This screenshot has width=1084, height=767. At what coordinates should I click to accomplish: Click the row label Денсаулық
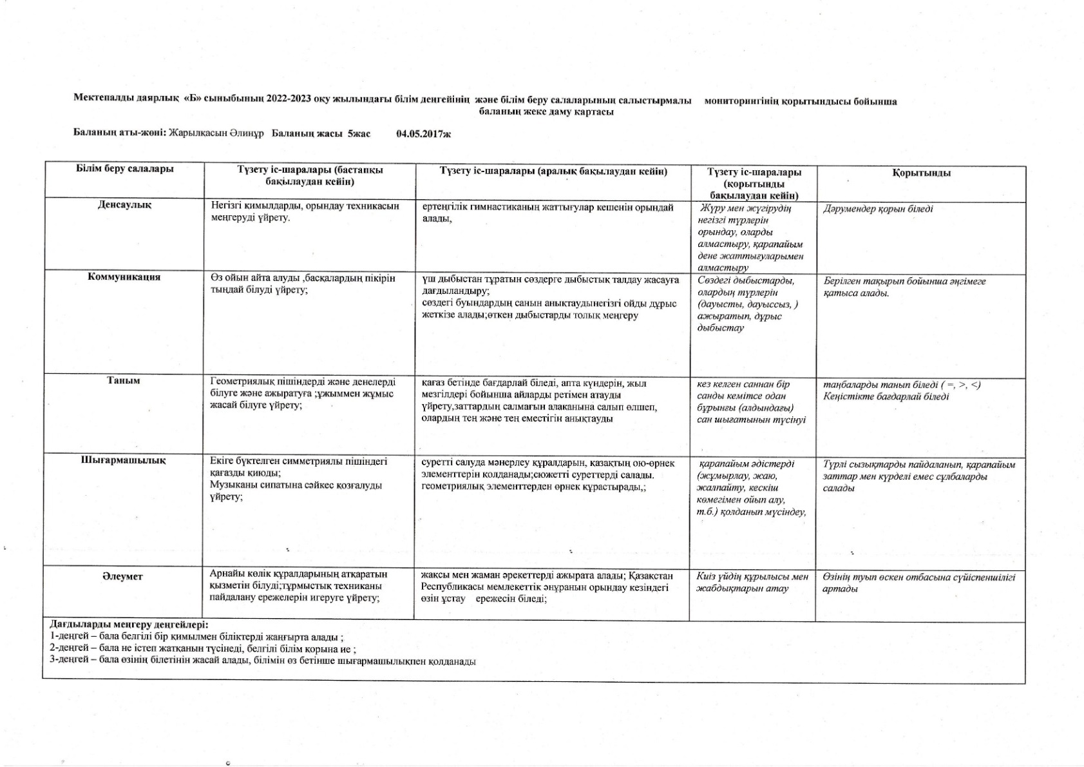click(124, 205)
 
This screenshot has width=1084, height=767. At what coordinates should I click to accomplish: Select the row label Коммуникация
click(124, 277)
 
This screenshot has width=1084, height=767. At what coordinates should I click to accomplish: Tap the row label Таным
click(124, 381)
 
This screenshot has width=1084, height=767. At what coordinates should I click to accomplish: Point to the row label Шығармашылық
click(124, 460)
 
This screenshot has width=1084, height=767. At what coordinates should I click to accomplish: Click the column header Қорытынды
click(921, 173)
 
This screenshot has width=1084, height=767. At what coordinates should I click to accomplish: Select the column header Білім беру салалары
click(125, 169)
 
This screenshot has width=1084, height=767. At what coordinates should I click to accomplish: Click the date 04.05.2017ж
click(423, 134)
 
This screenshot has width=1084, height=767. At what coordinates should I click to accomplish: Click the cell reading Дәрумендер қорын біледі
click(878, 209)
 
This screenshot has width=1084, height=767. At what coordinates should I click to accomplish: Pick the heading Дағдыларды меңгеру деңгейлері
click(129, 625)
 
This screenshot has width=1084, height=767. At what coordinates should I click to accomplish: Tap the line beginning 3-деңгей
click(263, 661)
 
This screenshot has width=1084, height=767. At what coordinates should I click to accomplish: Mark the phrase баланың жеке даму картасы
click(546, 112)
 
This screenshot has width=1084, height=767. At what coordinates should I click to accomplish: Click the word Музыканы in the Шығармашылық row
click(230, 485)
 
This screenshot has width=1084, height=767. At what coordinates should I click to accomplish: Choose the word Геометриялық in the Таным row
click(240, 382)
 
